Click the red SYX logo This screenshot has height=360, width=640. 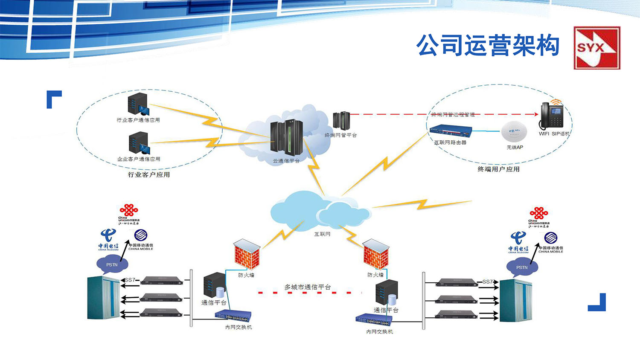[596, 48]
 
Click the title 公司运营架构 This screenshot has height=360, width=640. [488, 46]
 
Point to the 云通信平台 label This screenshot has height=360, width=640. [286, 161]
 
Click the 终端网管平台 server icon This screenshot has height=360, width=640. [341, 120]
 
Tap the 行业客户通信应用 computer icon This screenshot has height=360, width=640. [138, 105]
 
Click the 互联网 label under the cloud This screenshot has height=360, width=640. [322, 234]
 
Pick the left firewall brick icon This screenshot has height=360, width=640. [247, 255]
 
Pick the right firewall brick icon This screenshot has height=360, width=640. [376, 255]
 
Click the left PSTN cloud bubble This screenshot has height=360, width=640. [112, 265]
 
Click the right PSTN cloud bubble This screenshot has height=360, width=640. [522, 267]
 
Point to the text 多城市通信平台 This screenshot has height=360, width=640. [308, 287]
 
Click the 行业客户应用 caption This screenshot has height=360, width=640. [149, 174]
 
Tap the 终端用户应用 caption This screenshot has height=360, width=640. [498, 169]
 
